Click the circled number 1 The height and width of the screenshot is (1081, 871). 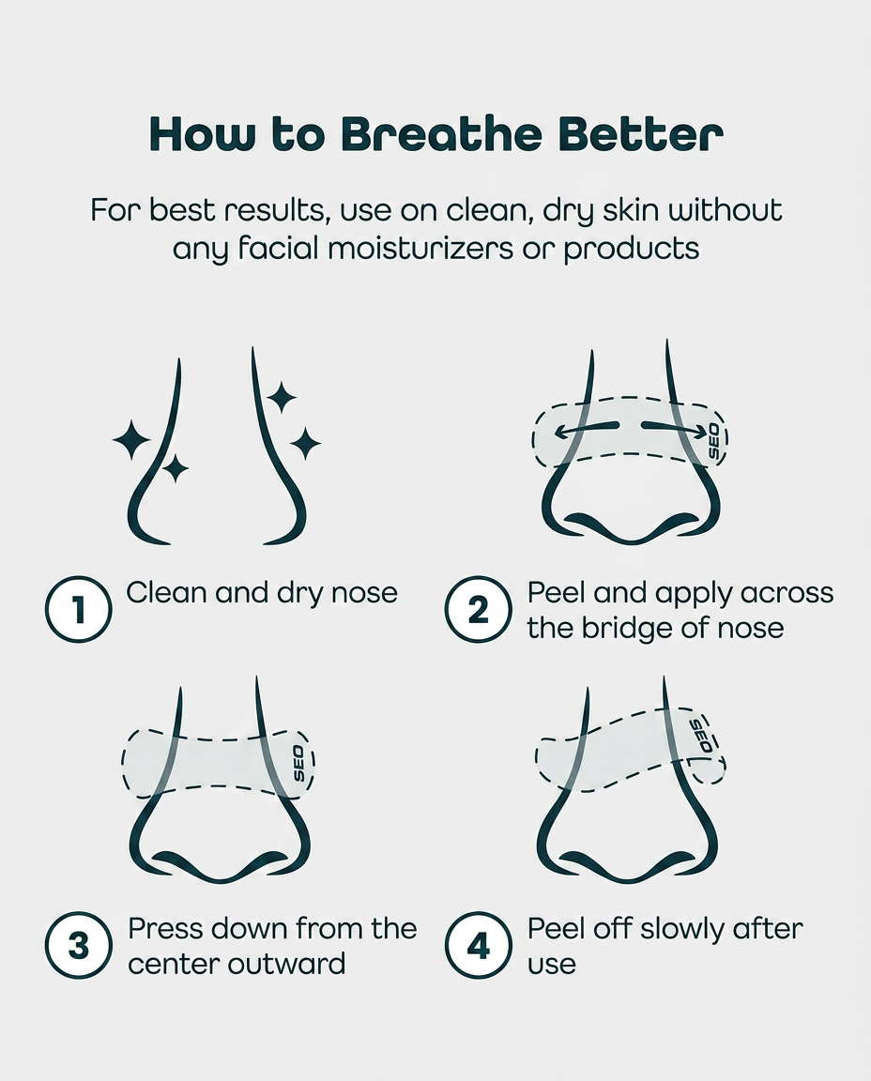(79, 609)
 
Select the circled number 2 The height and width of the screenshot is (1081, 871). (478, 609)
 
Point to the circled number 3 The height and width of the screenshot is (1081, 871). (79, 945)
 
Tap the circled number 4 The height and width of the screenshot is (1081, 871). (478, 945)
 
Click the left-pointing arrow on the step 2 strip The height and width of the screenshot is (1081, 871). (586, 429)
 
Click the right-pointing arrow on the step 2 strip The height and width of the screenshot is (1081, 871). (675, 430)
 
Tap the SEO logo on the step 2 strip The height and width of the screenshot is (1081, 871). (713, 441)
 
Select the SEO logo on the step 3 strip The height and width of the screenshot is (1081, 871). (299, 764)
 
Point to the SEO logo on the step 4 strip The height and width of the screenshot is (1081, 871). (701, 736)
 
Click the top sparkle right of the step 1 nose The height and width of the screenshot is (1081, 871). (282, 397)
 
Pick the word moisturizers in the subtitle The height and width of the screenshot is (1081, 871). (420, 248)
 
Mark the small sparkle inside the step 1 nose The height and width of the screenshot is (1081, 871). (176, 468)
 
